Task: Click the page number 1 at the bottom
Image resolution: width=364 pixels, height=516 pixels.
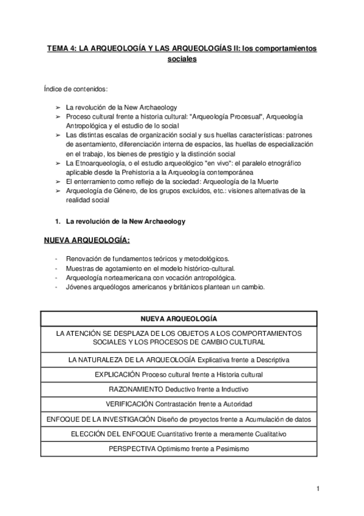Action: [318, 488]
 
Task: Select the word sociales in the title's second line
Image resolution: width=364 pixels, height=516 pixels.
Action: [182, 60]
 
